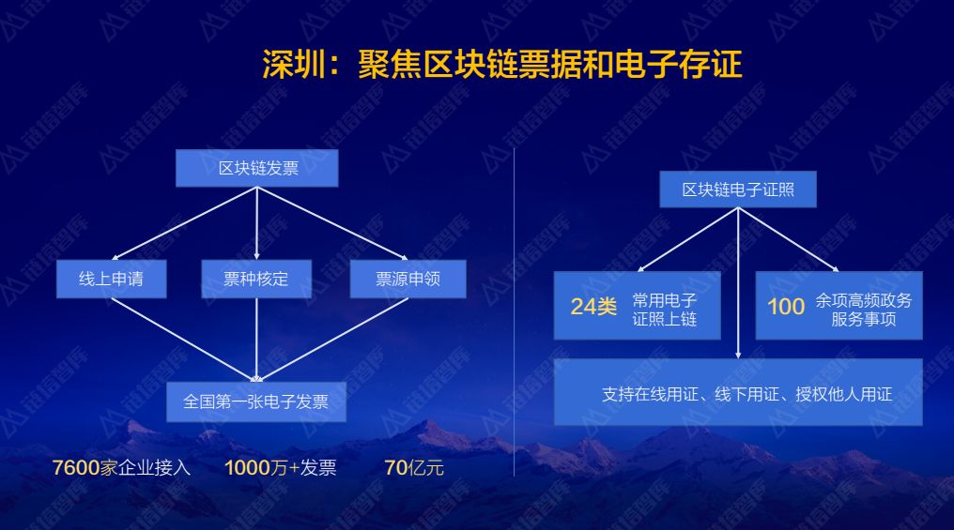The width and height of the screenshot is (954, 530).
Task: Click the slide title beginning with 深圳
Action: click(502, 64)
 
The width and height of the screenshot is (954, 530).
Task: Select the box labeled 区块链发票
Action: click(256, 168)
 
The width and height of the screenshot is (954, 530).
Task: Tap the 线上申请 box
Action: click(112, 279)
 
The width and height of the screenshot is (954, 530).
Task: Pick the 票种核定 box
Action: click(256, 279)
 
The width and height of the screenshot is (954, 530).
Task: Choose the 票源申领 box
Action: click(408, 279)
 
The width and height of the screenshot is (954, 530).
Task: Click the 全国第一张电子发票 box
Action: click(256, 401)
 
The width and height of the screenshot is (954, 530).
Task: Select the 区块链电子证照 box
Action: click(738, 189)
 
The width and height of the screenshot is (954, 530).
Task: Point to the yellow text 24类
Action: click(593, 307)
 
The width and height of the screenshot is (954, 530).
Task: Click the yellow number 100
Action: click(786, 307)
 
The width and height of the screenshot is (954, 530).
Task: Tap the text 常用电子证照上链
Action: click(665, 310)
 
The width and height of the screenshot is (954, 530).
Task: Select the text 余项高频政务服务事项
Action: click(863, 310)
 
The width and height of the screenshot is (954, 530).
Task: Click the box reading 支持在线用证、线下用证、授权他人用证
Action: click(738, 392)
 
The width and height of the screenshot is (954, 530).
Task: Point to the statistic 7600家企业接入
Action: click(121, 467)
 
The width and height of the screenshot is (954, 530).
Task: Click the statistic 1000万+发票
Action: click(281, 467)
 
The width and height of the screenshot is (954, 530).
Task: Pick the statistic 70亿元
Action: click(414, 467)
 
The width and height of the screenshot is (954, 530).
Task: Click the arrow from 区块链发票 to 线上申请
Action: click(184, 223)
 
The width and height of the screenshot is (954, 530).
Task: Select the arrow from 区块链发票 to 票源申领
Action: click(332, 223)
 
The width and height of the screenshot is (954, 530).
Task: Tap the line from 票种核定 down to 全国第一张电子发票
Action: click(256, 340)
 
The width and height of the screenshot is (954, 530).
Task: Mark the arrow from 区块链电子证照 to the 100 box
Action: click(789, 239)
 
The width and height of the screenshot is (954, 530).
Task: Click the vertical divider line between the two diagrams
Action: click(515, 311)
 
